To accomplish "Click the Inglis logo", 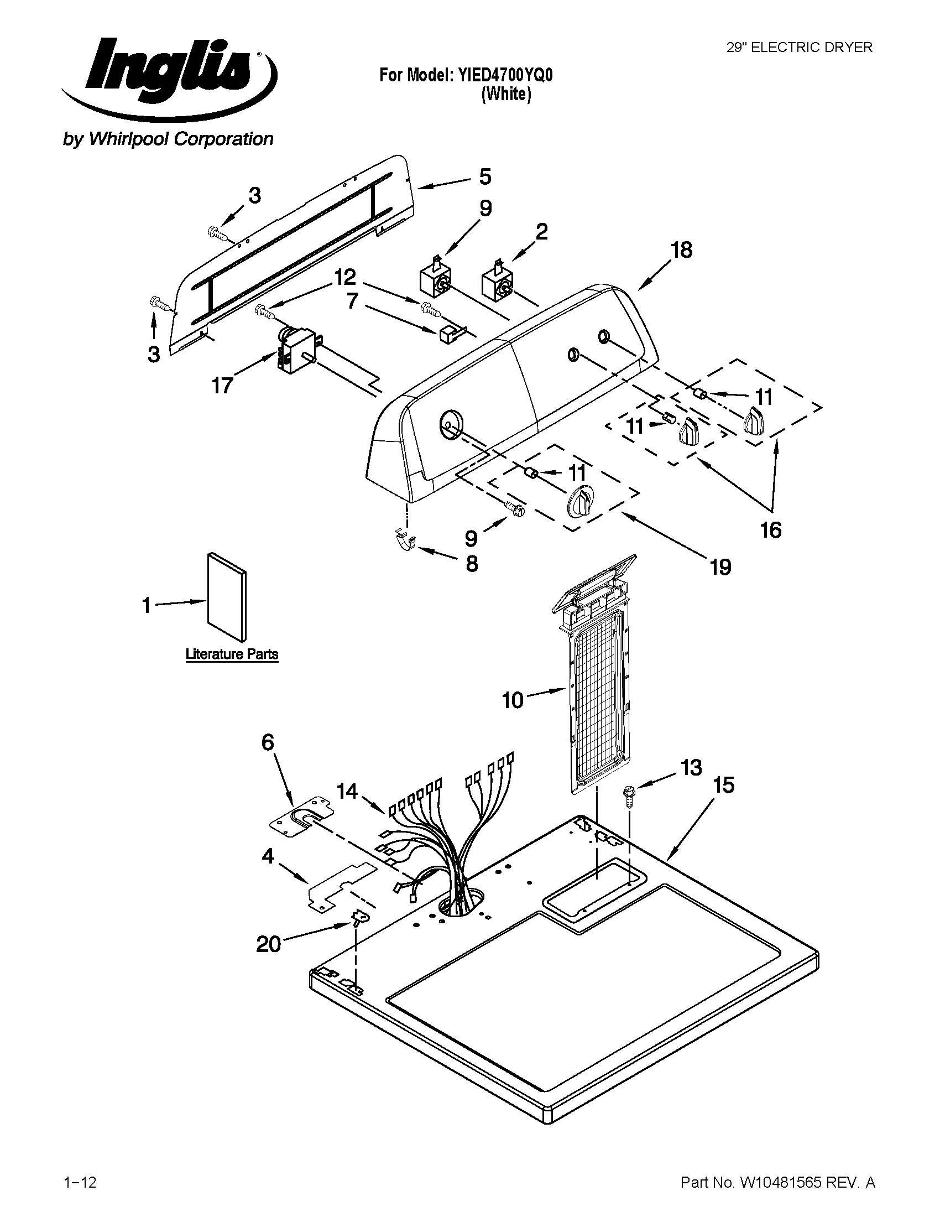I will click(167, 72).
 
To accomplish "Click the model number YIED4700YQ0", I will click(505, 75).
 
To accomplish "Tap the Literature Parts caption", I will click(232, 654).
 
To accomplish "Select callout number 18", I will click(681, 250).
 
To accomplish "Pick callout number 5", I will click(485, 176).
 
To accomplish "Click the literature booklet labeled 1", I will click(227, 597).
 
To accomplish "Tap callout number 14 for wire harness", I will click(347, 790).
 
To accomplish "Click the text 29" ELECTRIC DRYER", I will click(799, 48).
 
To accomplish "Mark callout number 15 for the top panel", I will click(724, 785).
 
